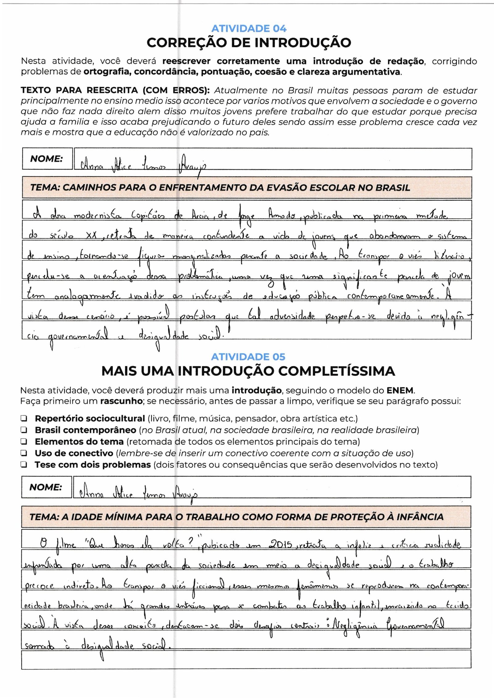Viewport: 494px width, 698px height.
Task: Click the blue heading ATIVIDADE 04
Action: pyautogui.click(x=249, y=29)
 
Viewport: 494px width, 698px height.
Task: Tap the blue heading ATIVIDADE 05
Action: pyautogui.click(x=248, y=357)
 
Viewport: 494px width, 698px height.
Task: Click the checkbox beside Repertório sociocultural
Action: pyautogui.click(x=24, y=419)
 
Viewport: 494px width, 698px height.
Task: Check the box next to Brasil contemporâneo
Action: pyautogui.click(x=24, y=430)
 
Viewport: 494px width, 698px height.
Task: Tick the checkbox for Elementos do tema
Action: pyautogui.click(x=24, y=442)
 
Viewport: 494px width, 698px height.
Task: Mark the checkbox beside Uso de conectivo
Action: pyautogui.click(x=24, y=453)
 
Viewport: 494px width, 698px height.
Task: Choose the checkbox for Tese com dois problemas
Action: pyautogui.click(x=24, y=465)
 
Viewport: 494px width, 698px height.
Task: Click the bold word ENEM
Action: pyautogui.click(x=400, y=390)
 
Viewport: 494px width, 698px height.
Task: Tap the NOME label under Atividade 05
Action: pyautogui.click(x=46, y=487)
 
